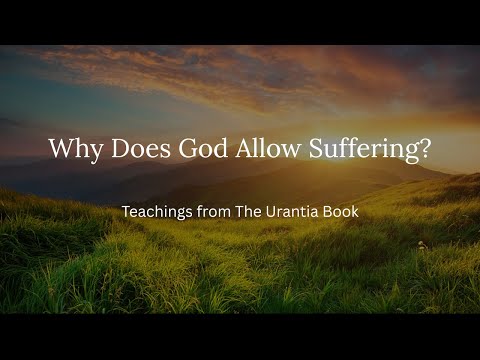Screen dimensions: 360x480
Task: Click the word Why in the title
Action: [x=74, y=150]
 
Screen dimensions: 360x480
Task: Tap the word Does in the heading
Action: [x=138, y=150]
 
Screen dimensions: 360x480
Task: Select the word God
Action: [x=198, y=150]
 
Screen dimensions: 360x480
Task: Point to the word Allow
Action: [x=260, y=150]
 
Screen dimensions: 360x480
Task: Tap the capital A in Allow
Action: [x=236, y=150]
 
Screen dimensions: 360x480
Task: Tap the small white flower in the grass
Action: [x=421, y=244]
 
